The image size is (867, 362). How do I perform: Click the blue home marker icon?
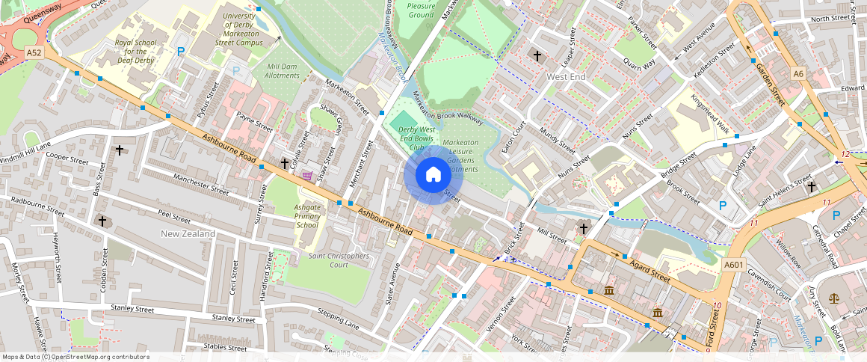tap(433, 175)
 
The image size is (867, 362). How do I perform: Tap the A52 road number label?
tap(34, 53)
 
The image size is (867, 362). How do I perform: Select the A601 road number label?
tap(733, 264)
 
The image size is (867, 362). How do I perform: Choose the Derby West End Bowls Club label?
tap(407, 138)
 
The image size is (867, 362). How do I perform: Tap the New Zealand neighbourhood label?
tap(188, 234)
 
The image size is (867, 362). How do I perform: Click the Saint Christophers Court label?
tap(339, 260)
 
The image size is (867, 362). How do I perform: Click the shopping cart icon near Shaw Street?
tap(307, 176)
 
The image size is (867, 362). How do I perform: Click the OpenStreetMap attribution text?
tap(75, 357)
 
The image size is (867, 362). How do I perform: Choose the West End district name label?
tap(566, 77)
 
